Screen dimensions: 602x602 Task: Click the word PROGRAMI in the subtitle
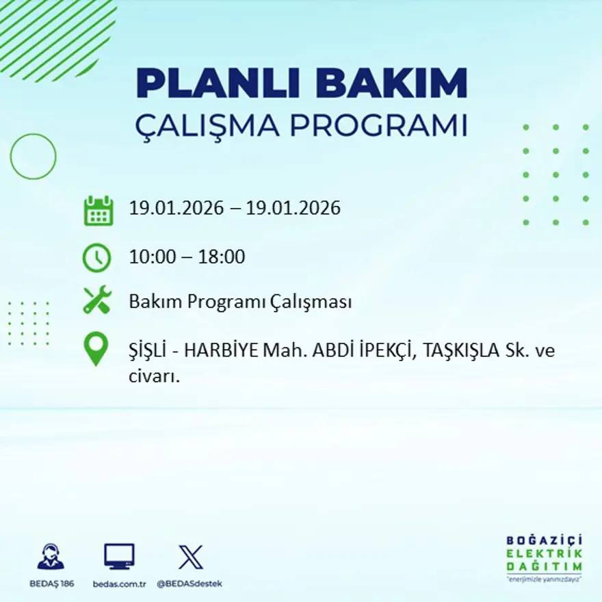click(x=378, y=126)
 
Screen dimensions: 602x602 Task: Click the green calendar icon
click(x=98, y=211)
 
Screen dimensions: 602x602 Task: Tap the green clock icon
click(x=97, y=258)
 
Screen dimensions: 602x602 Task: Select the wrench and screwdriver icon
click(x=97, y=301)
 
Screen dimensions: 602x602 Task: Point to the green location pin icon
click(x=96, y=349)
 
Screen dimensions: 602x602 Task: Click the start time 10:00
click(x=153, y=258)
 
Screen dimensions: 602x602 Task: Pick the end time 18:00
click(x=222, y=258)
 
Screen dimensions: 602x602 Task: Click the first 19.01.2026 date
click(x=176, y=208)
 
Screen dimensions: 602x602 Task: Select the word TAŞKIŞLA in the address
click(x=462, y=352)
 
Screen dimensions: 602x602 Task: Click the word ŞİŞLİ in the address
click(x=148, y=352)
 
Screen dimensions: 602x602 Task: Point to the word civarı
click(x=154, y=376)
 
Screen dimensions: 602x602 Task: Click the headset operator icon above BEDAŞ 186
click(x=50, y=556)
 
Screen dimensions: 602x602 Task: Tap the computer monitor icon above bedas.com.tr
click(x=119, y=556)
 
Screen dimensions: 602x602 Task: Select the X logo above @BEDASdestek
click(x=190, y=556)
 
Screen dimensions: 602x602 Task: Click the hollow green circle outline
click(x=33, y=157)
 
